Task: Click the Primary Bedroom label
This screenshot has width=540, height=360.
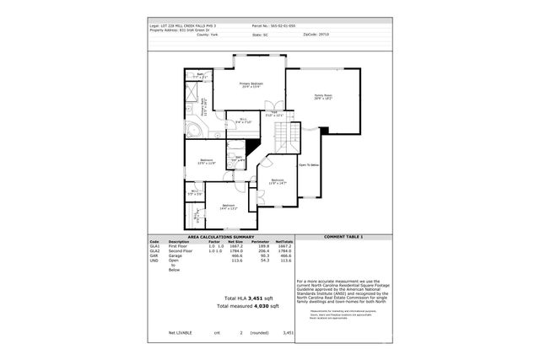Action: click(x=251, y=85)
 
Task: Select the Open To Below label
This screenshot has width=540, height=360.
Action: click(x=309, y=165)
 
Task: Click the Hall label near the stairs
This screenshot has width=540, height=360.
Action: click(x=274, y=114)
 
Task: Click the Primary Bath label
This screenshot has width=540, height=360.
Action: click(x=202, y=107)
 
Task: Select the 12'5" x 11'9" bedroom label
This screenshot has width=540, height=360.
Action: click(x=207, y=162)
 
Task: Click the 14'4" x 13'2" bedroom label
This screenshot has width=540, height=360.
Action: click(x=229, y=207)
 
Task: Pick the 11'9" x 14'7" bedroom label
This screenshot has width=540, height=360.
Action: click(x=278, y=181)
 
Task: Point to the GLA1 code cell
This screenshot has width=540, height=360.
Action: click(x=154, y=245)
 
